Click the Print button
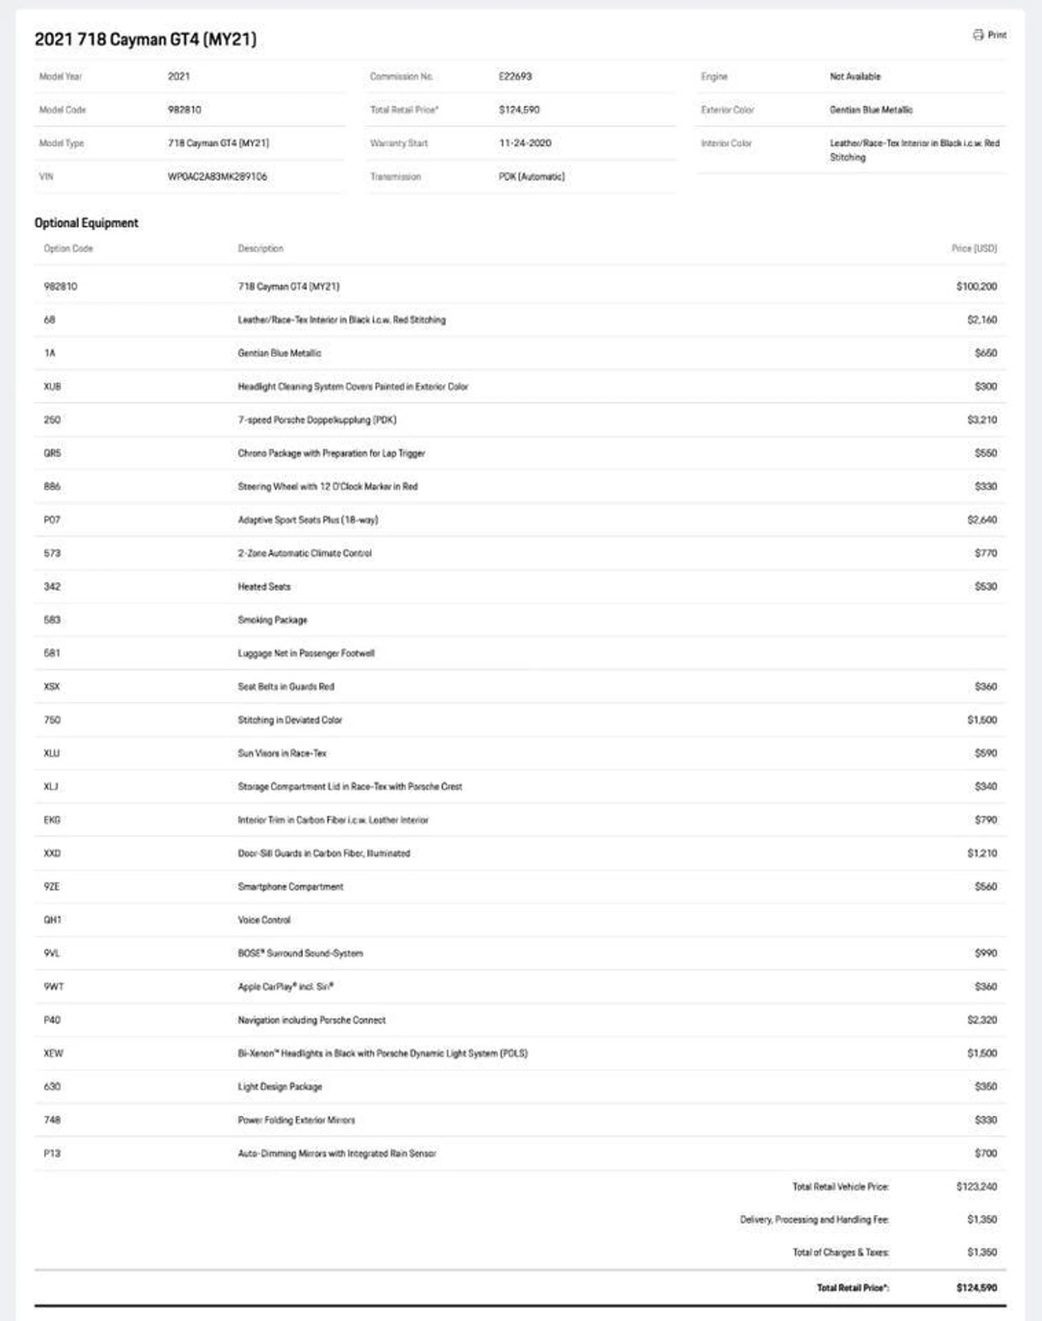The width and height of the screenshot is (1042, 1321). (x=989, y=35)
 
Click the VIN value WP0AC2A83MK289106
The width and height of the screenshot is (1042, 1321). (x=217, y=177)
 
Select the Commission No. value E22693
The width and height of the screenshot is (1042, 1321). (x=515, y=76)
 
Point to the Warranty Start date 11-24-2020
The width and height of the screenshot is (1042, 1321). (x=525, y=143)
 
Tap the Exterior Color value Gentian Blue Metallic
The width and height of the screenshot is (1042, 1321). (x=871, y=110)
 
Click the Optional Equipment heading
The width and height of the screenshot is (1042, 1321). (x=86, y=223)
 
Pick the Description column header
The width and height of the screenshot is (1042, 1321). (x=260, y=248)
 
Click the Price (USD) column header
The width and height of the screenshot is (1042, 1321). (x=974, y=248)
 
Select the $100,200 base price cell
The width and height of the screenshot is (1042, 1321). (x=976, y=286)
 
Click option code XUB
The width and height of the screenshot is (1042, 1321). (x=53, y=386)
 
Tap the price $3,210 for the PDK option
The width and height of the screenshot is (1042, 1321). (x=982, y=420)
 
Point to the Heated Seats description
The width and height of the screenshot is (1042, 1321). (x=264, y=587)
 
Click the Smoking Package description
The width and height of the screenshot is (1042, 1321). (x=272, y=620)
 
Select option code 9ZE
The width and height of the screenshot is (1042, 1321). (x=52, y=886)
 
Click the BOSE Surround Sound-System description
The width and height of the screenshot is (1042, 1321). (x=300, y=953)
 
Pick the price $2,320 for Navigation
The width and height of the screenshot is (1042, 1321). (x=982, y=1020)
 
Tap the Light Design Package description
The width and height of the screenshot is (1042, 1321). (x=280, y=1086)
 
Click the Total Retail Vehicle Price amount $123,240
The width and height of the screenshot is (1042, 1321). (x=976, y=1187)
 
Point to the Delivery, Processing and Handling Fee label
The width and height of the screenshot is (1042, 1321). (x=814, y=1219)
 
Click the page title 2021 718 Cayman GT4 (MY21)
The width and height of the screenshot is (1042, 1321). (x=145, y=40)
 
